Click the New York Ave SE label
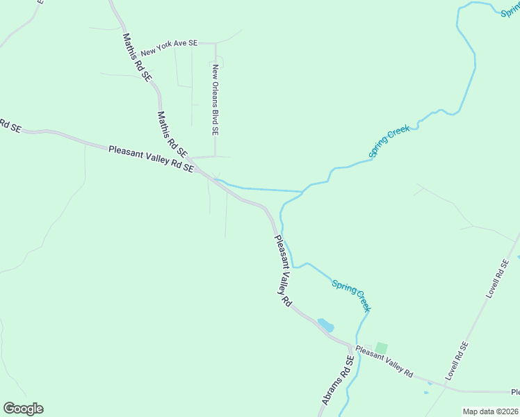tap(169, 48)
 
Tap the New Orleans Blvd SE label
tap(216, 99)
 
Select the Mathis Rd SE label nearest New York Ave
tap(136, 58)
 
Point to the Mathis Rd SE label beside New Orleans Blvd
tap(172, 133)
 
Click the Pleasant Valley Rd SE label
tap(150, 158)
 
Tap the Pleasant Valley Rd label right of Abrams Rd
tap(384, 361)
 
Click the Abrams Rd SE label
tap(338, 381)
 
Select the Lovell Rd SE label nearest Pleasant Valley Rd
tap(457, 361)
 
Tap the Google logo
tap(23, 409)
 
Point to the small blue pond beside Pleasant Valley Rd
tap(325, 325)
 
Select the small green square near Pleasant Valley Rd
tap(381, 347)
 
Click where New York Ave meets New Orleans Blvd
tap(216, 43)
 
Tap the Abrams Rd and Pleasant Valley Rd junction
tap(350, 344)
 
